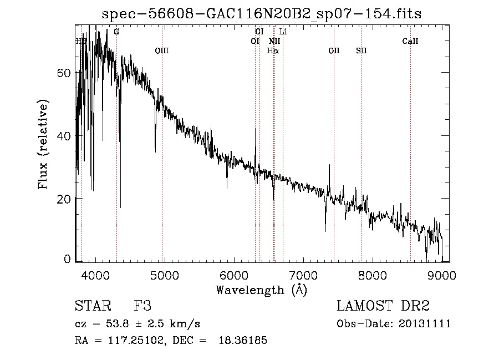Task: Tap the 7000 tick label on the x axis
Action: tap(303, 275)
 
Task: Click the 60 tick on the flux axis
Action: tap(65, 73)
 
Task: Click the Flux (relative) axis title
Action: tap(43, 144)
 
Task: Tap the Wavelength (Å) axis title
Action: tap(261, 290)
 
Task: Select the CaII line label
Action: tap(410, 41)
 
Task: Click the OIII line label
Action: tap(161, 51)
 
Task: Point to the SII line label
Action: tap(361, 51)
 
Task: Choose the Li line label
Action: tap(283, 32)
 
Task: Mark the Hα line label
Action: tap(273, 51)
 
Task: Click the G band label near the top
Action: tap(116, 32)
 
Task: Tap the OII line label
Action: tap(334, 51)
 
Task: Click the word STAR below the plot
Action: tap(90, 306)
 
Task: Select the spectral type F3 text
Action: tap(143, 306)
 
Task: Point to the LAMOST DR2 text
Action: tap(383, 306)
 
